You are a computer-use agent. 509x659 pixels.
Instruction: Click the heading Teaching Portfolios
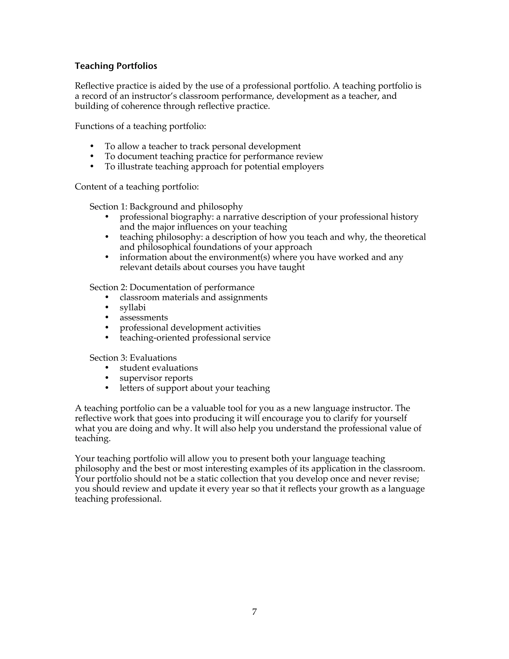(x=116, y=66)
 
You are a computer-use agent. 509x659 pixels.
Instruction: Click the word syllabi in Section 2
(x=133, y=307)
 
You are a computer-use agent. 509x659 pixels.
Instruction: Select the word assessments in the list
(x=144, y=317)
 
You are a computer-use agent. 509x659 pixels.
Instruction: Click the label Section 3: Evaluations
(x=133, y=358)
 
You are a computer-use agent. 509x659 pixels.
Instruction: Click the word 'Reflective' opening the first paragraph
(x=94, y=86)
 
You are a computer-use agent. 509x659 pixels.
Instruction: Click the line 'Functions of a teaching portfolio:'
(x=140, y=126)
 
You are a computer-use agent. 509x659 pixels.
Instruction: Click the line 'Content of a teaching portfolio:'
(x=137, y=187)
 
